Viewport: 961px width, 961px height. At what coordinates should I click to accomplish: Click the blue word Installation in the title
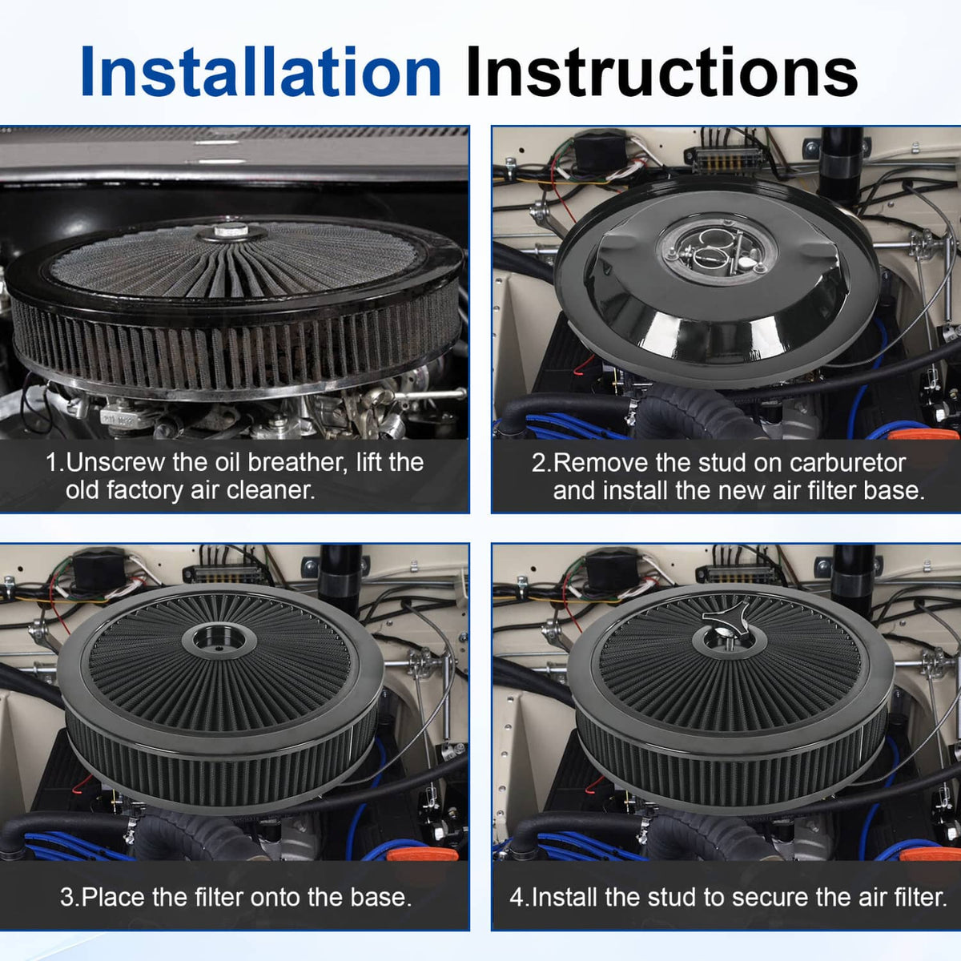coord(261,70)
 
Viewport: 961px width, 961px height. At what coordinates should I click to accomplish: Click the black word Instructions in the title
coord(661,70)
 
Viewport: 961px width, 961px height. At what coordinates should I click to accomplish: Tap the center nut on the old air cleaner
coord(231,231)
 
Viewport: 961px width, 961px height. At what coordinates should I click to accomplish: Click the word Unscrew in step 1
coord(115,462)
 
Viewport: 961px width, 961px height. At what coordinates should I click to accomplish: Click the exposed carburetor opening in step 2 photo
coord(716,247)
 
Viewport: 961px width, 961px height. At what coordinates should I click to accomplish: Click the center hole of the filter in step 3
coord(219,638)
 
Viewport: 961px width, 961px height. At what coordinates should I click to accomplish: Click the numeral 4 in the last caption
coord(517,898)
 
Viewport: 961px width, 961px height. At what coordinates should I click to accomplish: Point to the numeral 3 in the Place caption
coord(66,897)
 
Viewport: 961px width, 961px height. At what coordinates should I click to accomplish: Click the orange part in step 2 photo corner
coord(925,433)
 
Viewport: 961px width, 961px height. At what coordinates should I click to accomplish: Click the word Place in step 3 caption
coord(113,897)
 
